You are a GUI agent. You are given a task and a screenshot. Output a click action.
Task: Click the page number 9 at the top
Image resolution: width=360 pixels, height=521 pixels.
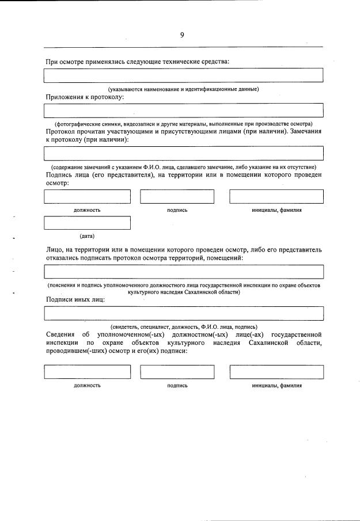point(182,35)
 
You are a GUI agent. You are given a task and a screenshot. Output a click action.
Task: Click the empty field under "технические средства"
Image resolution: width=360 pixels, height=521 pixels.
point(183,75)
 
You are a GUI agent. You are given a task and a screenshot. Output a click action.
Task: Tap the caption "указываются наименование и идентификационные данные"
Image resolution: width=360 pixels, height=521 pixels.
point(184,89)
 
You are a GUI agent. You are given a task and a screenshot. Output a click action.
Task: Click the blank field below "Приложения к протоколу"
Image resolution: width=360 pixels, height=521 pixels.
point(183,110)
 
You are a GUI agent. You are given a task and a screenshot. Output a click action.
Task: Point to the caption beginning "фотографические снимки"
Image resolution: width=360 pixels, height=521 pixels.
point(183,124)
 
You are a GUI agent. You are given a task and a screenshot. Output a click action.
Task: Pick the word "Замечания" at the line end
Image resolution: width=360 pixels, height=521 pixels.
point(304,131)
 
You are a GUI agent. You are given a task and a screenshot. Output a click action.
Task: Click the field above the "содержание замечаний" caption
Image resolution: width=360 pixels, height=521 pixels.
point(183,153)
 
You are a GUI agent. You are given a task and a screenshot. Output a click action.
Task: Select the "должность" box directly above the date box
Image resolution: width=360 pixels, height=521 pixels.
point(87,196)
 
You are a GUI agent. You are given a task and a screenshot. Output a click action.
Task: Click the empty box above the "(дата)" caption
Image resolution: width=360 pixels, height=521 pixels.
point(87,223)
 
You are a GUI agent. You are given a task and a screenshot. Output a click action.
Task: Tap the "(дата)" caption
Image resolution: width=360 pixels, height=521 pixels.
point(87,236)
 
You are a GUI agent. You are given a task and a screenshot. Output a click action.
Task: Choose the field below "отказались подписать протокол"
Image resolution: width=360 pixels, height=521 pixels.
point(183,272)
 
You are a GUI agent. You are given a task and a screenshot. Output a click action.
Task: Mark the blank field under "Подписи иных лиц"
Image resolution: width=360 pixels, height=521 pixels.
point(183,313)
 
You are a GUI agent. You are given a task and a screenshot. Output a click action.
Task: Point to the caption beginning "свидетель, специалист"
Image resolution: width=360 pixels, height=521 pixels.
point(184,327)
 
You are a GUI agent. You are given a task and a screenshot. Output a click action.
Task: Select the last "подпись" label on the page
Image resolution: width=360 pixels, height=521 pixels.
point(177,386)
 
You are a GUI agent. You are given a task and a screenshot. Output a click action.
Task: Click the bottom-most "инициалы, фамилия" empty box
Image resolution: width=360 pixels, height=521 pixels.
point(276,372)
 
